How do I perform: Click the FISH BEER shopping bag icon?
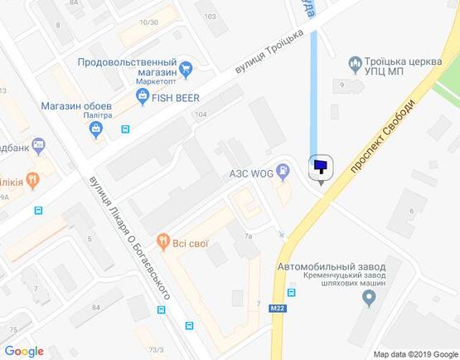pyautogui.click(x=143, y=97)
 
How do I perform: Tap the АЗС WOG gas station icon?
pyautogui.click(x=283, y=172)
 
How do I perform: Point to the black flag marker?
pyautogui.click(x=320, y=168)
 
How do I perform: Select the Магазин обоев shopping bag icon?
pyautogui.click(x=96, y=128)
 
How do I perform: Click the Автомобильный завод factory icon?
pyautogui.click(x=368, y=301)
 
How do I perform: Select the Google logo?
pyautogui.click(x=24, y=351)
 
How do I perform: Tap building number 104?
pyautogui.click(x=199, y=114)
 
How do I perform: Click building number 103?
pyautogui.click(x=210, y=17)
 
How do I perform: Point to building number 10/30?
pyautogui.click(x=149, y=22)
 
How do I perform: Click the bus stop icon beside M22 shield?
pyautogui.click(x=291, y=292)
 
